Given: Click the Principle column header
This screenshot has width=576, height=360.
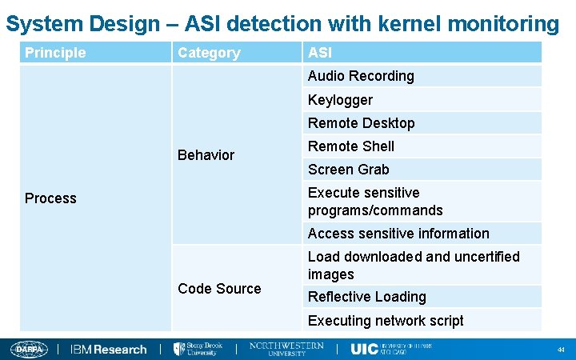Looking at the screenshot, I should pyautogui.click(x=55, y=53).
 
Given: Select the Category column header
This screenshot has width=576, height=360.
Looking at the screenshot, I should pyautogui.click(x=209, y=53).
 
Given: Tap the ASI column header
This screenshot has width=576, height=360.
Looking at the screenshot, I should pyautogui.click(x=320, y=53).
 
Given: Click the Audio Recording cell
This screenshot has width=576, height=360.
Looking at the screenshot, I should pyautogui.click(x=361, y=76).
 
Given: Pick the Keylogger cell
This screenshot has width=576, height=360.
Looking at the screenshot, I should pyautogui.click(x=340, y=100).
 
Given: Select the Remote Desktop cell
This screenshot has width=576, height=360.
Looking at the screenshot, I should pyautogui.click(x=361, y=123).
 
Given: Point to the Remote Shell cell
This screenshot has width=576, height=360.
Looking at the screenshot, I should pyautogui.click(x=351, y=146).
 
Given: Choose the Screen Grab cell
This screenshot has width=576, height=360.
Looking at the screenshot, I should pyautogui.click(x=349, y=170).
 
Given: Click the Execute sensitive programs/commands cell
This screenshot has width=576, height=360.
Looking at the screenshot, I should pyautogui.click(x=375, y=202).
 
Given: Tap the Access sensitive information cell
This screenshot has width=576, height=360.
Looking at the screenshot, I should pyautogui.click(x=398, y=234).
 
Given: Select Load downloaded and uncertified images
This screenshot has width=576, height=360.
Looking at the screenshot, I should pyautogui.click(x=414, y=265).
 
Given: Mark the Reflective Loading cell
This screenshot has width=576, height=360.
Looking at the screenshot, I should pyautogui.click(x=367, y=297).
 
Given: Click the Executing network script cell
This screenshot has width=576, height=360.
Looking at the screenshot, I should pyautogui.click(x=386, y=321).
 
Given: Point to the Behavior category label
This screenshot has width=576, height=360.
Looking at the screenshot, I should pyautogui.click(x=206, y=155).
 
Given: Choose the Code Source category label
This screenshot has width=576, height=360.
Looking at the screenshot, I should pyautogui.click(x=219, y=289).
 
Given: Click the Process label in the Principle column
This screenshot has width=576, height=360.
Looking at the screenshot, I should pyautogui.click(x=50, y=198).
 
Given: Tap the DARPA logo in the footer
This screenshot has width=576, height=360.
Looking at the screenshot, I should pyautogui.click(x=30, y=350).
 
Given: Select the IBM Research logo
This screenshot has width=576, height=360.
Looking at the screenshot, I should pyautogui.click(x=109, y=350).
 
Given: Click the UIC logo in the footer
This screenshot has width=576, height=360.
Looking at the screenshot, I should pyautogui.click(x=364, y=350).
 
